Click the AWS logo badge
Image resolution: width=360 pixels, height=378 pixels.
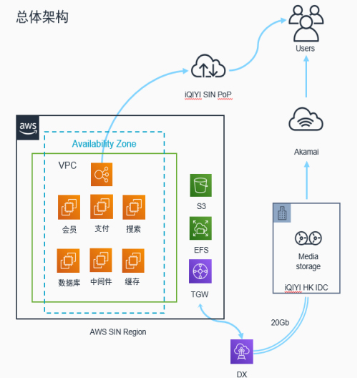coord(28,127)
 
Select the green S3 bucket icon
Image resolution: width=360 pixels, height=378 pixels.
coord(200,185)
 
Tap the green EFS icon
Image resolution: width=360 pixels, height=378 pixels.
coord(200,228)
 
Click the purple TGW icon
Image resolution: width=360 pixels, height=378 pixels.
coord(200,271)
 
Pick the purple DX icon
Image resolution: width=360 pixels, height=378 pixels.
coord(242,352)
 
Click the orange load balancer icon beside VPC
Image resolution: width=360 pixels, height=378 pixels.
coord(102,174)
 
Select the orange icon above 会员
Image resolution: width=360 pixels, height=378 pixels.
coord(69,208)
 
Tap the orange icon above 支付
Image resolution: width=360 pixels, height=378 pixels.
coord(102,207)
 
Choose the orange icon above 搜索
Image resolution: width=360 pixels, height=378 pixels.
coord(134,208)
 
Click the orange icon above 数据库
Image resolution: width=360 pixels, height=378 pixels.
coord(68,261)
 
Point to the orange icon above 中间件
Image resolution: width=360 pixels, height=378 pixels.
coord(101,260)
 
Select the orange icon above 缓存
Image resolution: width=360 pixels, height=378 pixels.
coord(133,261)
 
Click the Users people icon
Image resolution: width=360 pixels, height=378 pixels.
coord(306,24)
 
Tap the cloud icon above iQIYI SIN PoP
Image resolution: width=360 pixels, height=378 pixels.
coord(208,66)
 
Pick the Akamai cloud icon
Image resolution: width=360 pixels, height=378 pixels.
coord(306,119)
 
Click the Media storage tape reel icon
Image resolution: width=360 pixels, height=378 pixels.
coord(308,238)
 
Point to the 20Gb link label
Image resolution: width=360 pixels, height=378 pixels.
coord(280,323)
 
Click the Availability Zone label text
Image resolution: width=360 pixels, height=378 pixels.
coord(104,144)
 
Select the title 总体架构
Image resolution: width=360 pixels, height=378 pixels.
coord(42,17)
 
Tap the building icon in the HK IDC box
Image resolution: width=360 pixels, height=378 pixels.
coord(282,213)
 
